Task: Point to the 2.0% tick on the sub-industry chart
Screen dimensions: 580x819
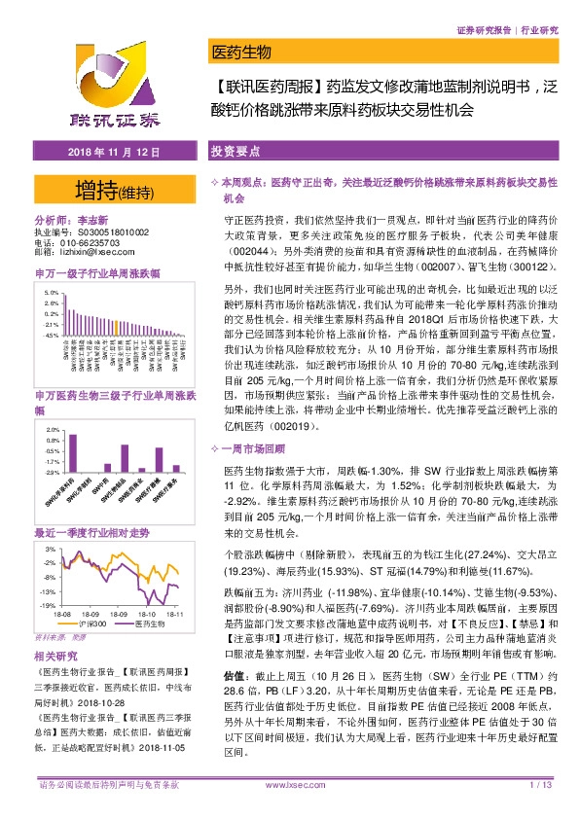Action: pyautogui.click(x=54, y=430)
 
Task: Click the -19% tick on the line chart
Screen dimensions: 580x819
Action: pyautogui.click(x=48, y=605)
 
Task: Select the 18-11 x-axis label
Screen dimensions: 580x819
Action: pyautogui.click(x=173, y=615)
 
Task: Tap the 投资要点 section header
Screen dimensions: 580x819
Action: pyautogui.click(x=235, y=153)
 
